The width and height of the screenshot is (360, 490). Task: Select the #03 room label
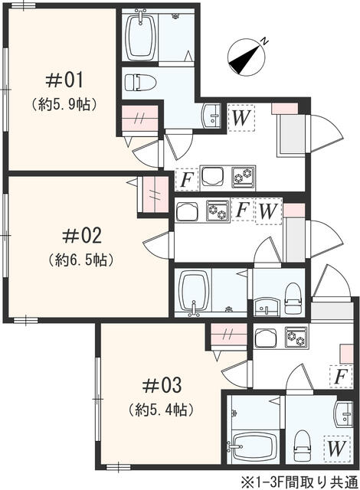pos(161,384)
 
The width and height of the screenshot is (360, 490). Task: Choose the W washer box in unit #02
pos(268,210)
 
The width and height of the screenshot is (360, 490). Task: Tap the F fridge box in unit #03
pos(339,377)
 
